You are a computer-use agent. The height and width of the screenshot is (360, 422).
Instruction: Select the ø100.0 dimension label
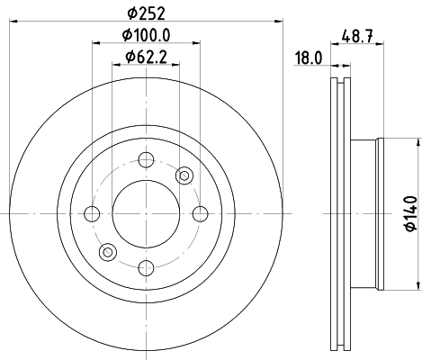click(x=147, y=36)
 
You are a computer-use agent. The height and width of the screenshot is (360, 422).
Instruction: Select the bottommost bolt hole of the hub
click(x=145, y=265)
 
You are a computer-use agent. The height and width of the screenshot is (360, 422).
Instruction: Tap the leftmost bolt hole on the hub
click(x=92, y=213)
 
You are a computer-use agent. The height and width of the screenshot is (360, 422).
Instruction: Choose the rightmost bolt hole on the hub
click(x=198, y=213)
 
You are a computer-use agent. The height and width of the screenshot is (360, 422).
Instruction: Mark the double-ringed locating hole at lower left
click(x=107, y=251)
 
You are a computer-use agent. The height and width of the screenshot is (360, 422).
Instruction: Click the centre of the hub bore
click(x=145, y=213)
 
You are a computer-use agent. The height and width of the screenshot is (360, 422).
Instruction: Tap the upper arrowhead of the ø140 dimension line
click(x=418, y=142)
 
